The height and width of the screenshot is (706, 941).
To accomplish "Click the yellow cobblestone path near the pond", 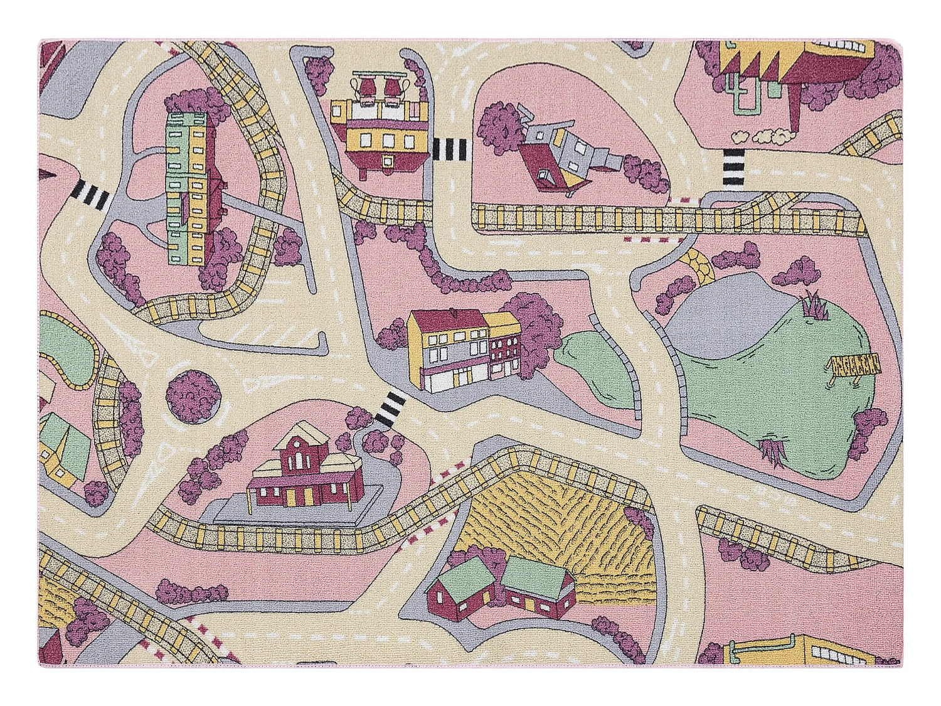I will pos(699,264).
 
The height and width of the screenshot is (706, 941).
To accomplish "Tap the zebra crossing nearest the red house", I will pos(390,408).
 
